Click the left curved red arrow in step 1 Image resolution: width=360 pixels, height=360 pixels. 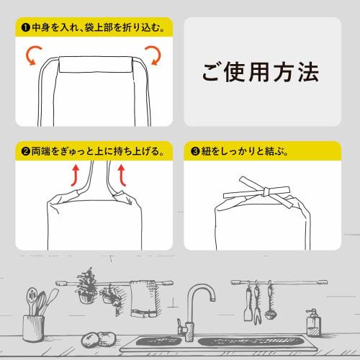point(33,55)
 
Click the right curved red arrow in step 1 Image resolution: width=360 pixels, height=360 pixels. point(152,55)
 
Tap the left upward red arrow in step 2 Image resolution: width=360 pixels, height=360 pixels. point(75,176)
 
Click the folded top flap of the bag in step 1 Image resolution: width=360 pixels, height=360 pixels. point(93,66)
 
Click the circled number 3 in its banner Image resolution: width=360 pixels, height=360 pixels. point(194,152)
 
